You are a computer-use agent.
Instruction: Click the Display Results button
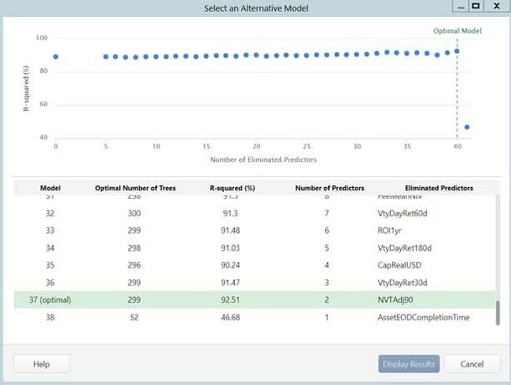pyautogui.click(x=409, y=364)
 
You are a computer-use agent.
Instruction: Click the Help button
pyautogui.click(x=41, y=364)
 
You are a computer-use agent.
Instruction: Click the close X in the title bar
pyautogui.click(x=494, y=6)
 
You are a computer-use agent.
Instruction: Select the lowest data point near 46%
pyautogui.click(x=467, y=127)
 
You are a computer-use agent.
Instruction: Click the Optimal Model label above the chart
pyautogui.click(x=457, y=30)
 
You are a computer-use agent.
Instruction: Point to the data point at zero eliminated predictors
pyautogui.click(x=55, y=57)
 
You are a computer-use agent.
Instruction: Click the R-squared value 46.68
pyautogui.click(x=223, y=317)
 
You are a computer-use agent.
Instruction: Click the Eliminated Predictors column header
pyautogui.click(x=439, y=188)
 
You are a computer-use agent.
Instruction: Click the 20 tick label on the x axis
pyautogui.click(x=256, y=145)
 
